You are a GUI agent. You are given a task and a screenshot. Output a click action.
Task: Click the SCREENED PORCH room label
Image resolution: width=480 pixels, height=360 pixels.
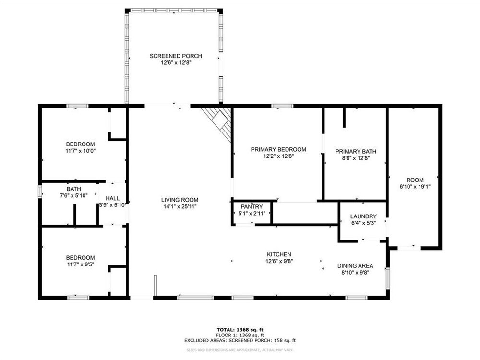pos(176,56)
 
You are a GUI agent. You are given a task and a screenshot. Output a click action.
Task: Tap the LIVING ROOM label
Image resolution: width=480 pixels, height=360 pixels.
pos(180,200)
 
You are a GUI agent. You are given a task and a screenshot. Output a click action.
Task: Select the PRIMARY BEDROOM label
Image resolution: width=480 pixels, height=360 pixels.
pos(278,149)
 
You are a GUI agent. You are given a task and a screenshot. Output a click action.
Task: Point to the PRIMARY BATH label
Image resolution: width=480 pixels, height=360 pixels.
pos(356,152)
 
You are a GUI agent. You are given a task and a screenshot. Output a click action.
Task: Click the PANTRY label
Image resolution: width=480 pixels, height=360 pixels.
pos(252,207)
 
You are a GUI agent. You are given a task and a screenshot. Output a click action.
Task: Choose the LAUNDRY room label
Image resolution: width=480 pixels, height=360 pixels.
pos(363,216)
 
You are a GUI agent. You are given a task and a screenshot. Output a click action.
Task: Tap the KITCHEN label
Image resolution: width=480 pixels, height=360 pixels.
pos(279,254)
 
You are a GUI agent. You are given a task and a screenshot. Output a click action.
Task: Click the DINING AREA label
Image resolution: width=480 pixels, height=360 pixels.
pos(355,266)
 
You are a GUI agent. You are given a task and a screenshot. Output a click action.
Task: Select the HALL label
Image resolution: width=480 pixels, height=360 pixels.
pos(113,198)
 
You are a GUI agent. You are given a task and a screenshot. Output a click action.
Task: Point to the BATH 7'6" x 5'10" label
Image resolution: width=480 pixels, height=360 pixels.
pos(74,192)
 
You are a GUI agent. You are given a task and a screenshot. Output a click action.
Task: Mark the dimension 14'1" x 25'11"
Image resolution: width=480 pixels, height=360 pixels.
pos(180,206)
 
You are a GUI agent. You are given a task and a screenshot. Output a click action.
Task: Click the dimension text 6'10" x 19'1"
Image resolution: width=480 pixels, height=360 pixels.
pos(415,187)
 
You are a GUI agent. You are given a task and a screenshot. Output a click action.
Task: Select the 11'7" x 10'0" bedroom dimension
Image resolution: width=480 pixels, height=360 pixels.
pos(81,151)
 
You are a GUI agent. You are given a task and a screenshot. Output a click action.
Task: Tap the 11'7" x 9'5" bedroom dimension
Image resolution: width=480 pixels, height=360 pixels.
pos(81,264)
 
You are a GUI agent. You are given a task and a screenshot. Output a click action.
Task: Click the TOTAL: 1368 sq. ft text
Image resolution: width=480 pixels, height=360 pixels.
pos(240,330)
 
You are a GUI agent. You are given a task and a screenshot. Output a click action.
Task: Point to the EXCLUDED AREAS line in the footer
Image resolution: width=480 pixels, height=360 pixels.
pos(240,340)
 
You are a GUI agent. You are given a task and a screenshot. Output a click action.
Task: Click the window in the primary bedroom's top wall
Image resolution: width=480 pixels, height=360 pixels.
pos(282,106)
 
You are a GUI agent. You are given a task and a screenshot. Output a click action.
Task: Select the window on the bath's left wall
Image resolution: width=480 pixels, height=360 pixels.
pos(40,192)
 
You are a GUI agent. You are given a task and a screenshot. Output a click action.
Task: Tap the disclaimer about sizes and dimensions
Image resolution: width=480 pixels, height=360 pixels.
pos(240,350)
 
